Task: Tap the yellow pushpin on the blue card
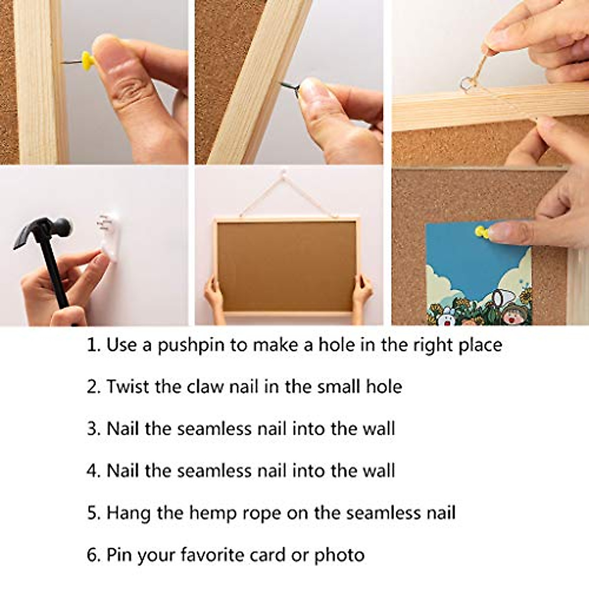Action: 481,231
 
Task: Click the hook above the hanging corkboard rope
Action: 283,173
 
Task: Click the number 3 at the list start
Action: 92,429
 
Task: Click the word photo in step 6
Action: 340,555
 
